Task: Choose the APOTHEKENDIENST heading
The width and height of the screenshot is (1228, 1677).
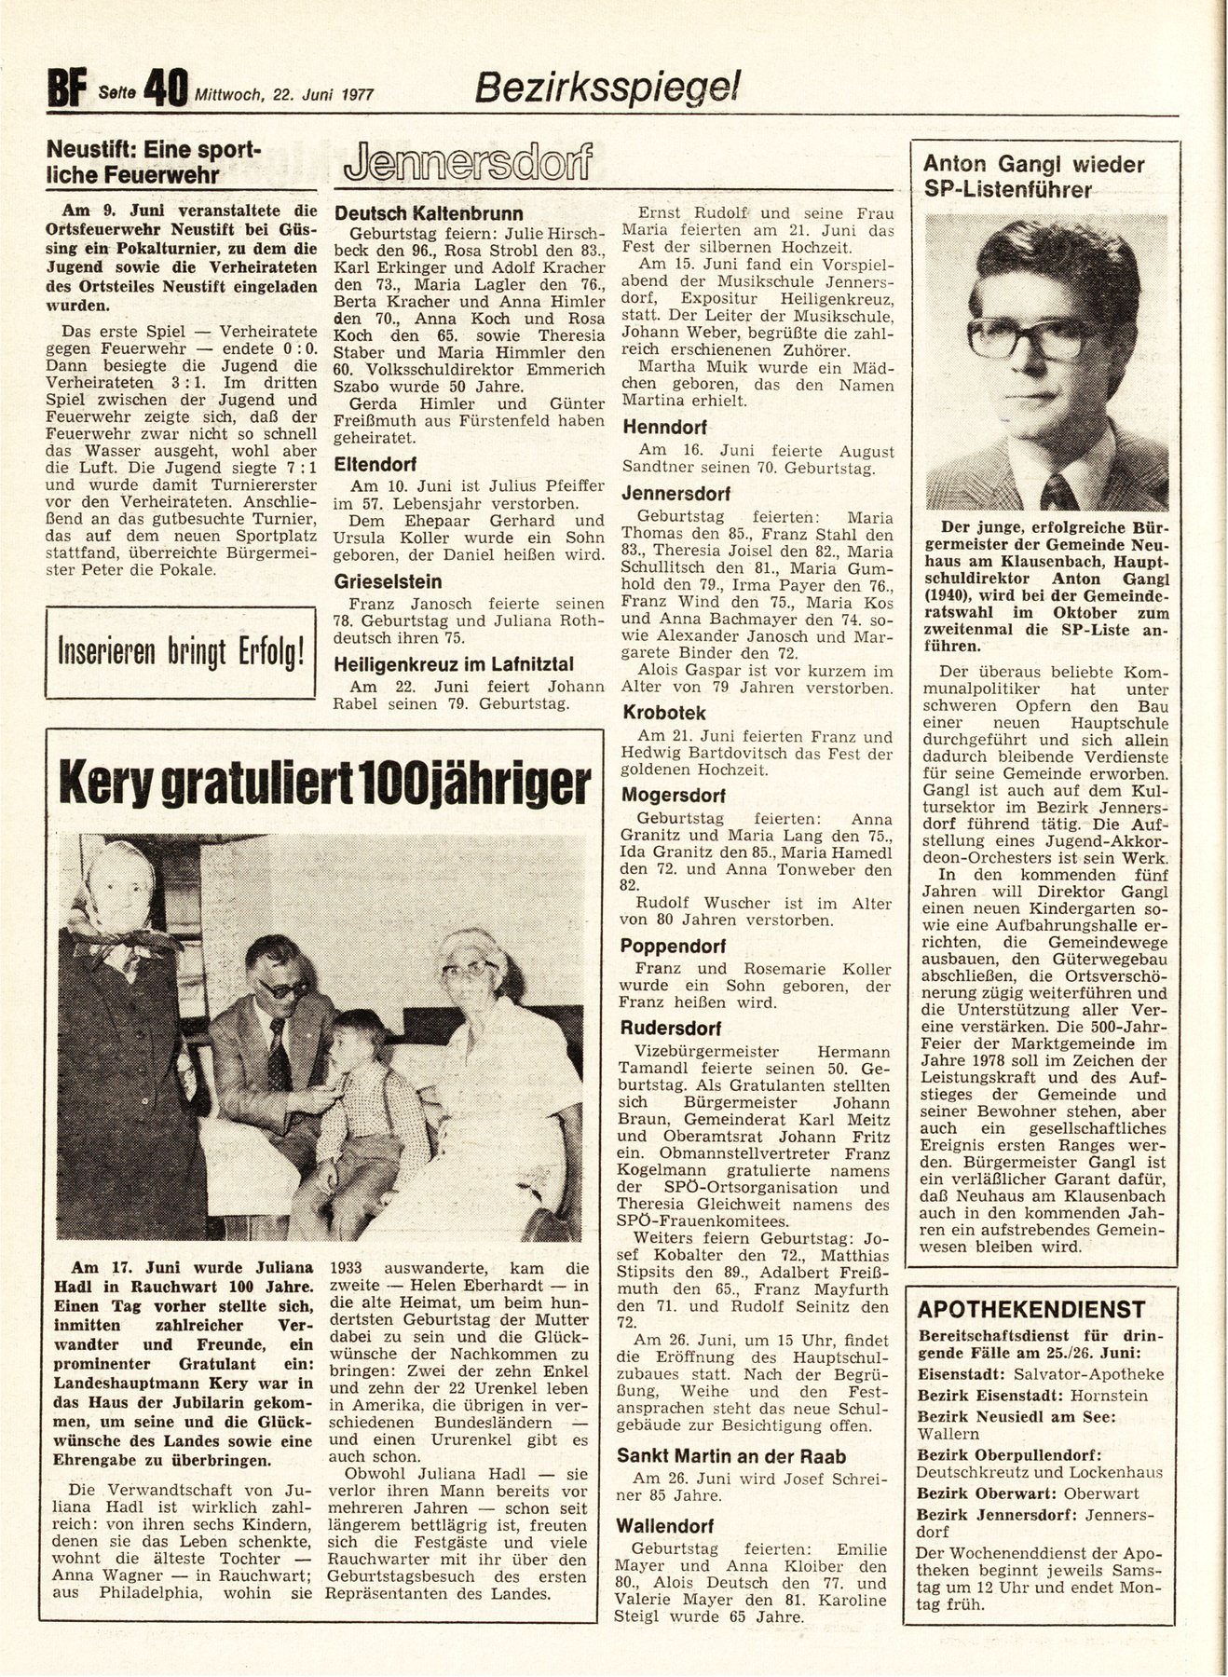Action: pos(1031,1309)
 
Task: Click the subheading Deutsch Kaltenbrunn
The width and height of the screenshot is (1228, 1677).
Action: pos(429,213)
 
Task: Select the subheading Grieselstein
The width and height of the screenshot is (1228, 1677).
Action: pos(389,580)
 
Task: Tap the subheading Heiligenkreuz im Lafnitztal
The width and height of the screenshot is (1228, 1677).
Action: pos(454,664)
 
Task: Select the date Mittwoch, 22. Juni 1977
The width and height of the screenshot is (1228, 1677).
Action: pos(284,94)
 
